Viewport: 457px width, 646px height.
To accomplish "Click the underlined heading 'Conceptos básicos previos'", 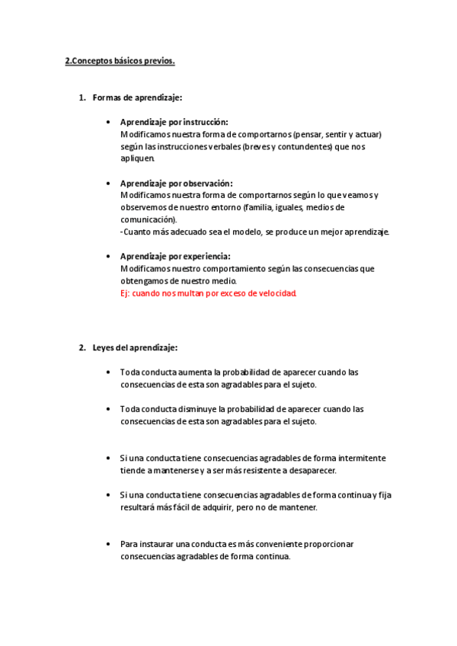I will (x=122, y=62).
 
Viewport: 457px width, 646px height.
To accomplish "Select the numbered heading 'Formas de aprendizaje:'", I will (x=137, y=98).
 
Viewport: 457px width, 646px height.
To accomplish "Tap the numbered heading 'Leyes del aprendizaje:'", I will (x=135, y=347).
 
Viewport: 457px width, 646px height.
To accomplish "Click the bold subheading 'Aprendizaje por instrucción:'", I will (x=174, y=122).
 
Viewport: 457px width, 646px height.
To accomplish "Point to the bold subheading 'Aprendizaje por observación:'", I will (x=176, y=184).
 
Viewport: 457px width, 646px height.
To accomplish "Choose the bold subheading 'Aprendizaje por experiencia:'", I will (x=175, y=256).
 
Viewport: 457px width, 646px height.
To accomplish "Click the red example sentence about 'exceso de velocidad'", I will (x=208, y=293).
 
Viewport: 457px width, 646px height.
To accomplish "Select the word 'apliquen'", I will (x=137, y=158).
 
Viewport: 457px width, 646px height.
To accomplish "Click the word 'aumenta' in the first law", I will (x=196, y=372).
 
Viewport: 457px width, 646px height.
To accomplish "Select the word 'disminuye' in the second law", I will (x=200, y=408).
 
